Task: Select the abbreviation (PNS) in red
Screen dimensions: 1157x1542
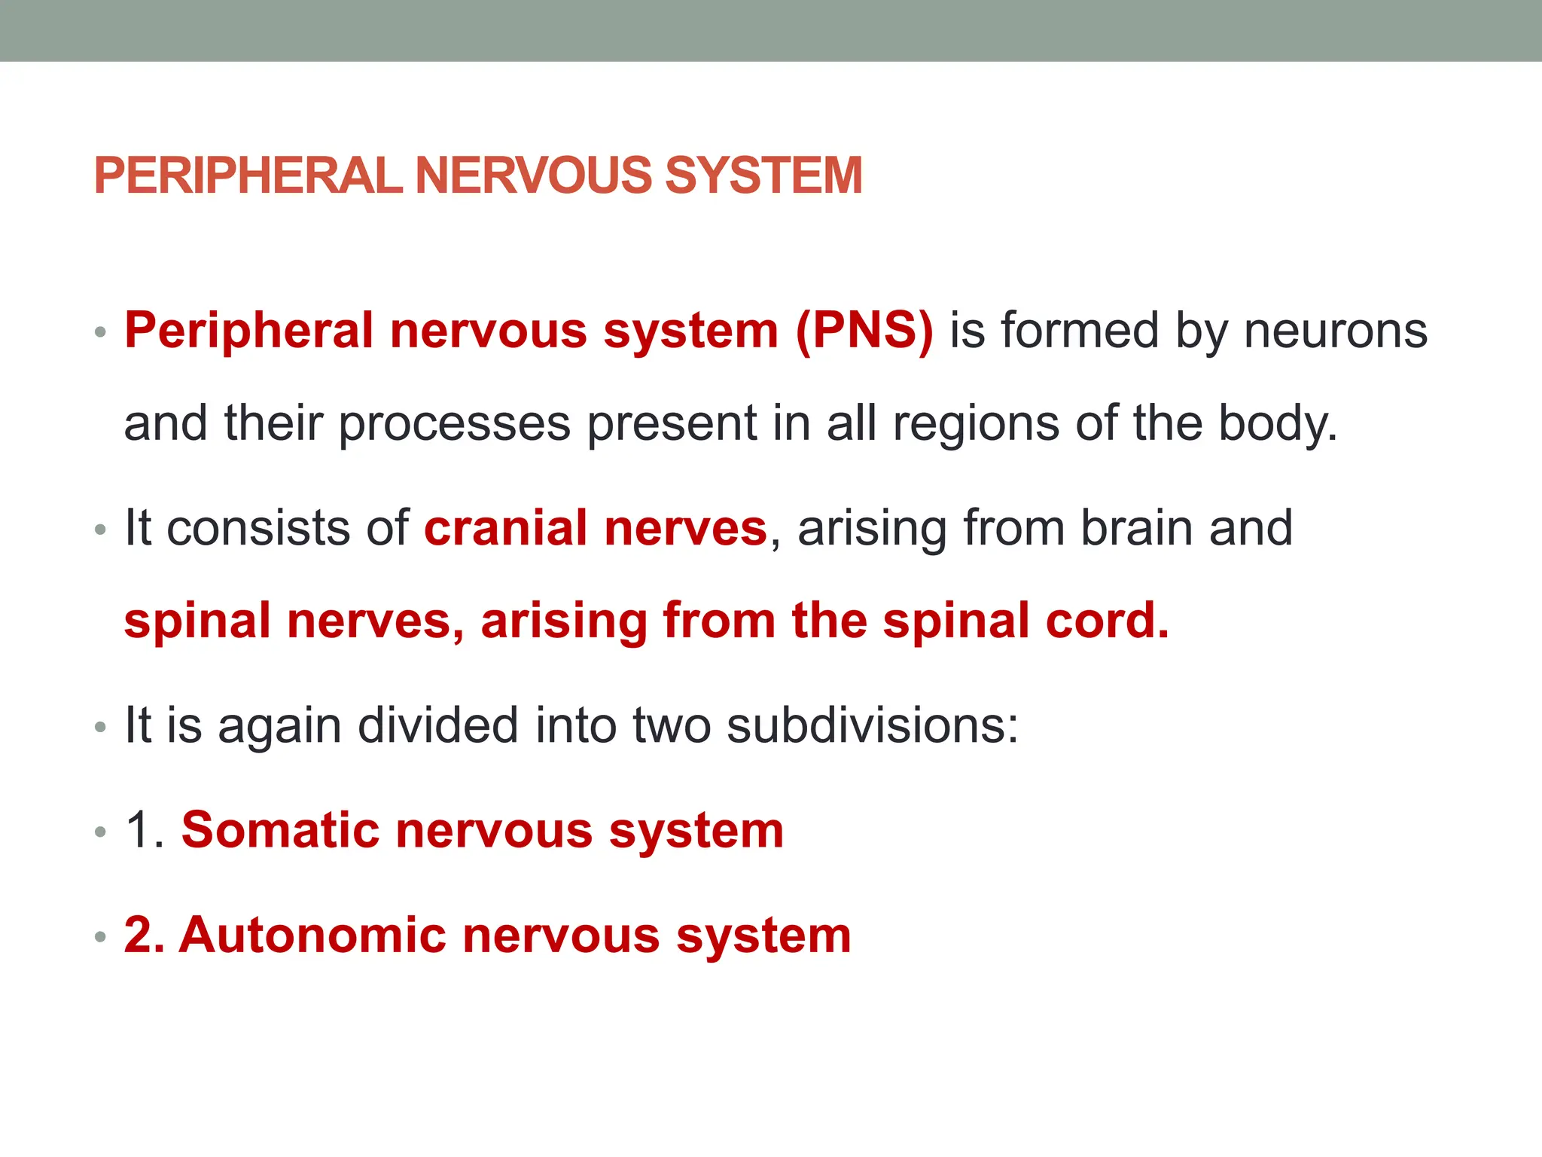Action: [864, 331]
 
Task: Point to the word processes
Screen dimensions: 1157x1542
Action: [454, 424]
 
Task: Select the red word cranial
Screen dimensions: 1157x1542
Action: [505, 528]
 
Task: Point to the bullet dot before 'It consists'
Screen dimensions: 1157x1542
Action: [101, 531]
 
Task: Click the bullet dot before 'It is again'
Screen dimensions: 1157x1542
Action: [101, 728]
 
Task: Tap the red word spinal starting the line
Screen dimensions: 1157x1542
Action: [197, 621]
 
